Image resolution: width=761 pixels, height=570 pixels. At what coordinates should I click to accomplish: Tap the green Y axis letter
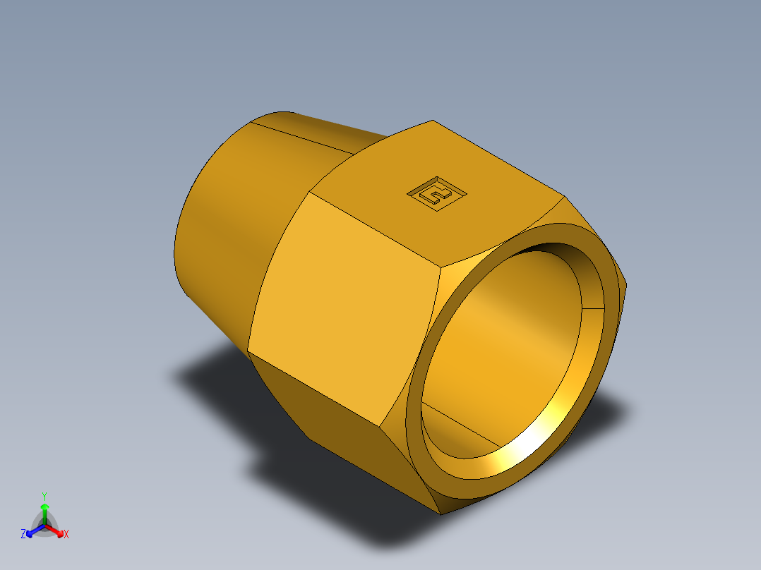click(44, 496)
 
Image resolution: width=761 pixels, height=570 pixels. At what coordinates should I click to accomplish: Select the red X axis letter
click(66, 535)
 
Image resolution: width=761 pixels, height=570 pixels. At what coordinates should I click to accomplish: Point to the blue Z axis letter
click(23, 535)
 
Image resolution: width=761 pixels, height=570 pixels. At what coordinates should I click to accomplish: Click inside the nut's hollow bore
click(508, 339)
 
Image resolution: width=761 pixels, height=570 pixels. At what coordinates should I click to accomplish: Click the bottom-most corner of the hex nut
click(442, 514)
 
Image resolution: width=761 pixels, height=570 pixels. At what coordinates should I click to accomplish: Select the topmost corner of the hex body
click(432, 121)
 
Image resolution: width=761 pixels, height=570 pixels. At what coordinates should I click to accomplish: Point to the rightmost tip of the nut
click(627, 286)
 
